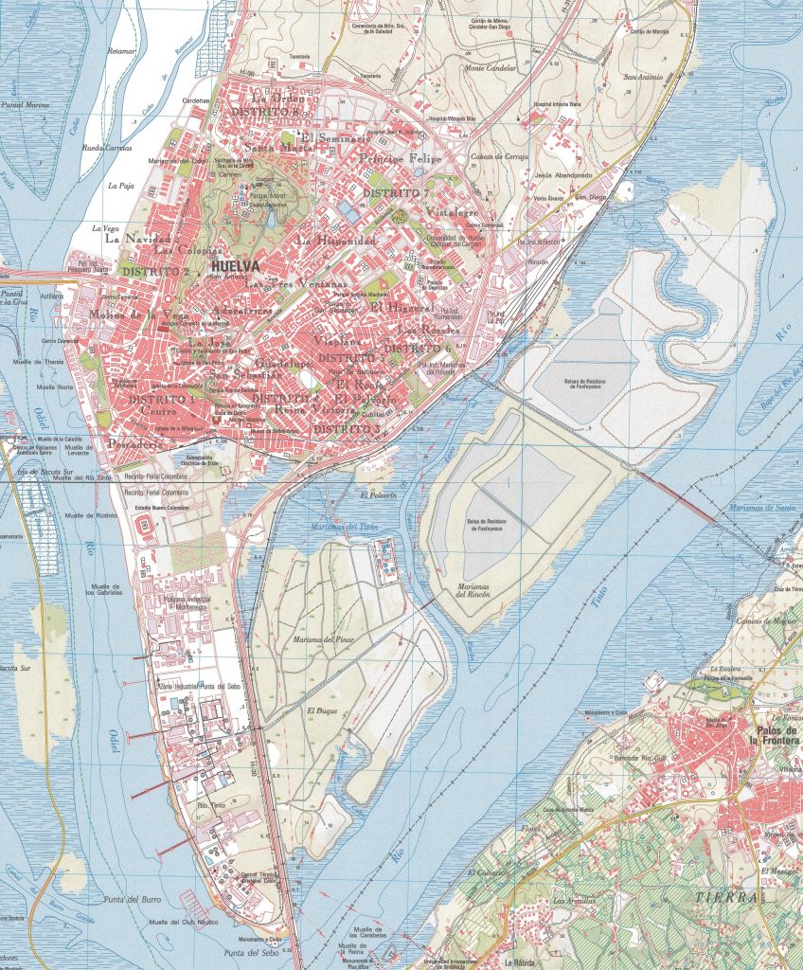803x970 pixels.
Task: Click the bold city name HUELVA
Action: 237,266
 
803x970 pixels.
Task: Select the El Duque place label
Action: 322,710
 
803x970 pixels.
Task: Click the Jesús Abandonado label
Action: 562,175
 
